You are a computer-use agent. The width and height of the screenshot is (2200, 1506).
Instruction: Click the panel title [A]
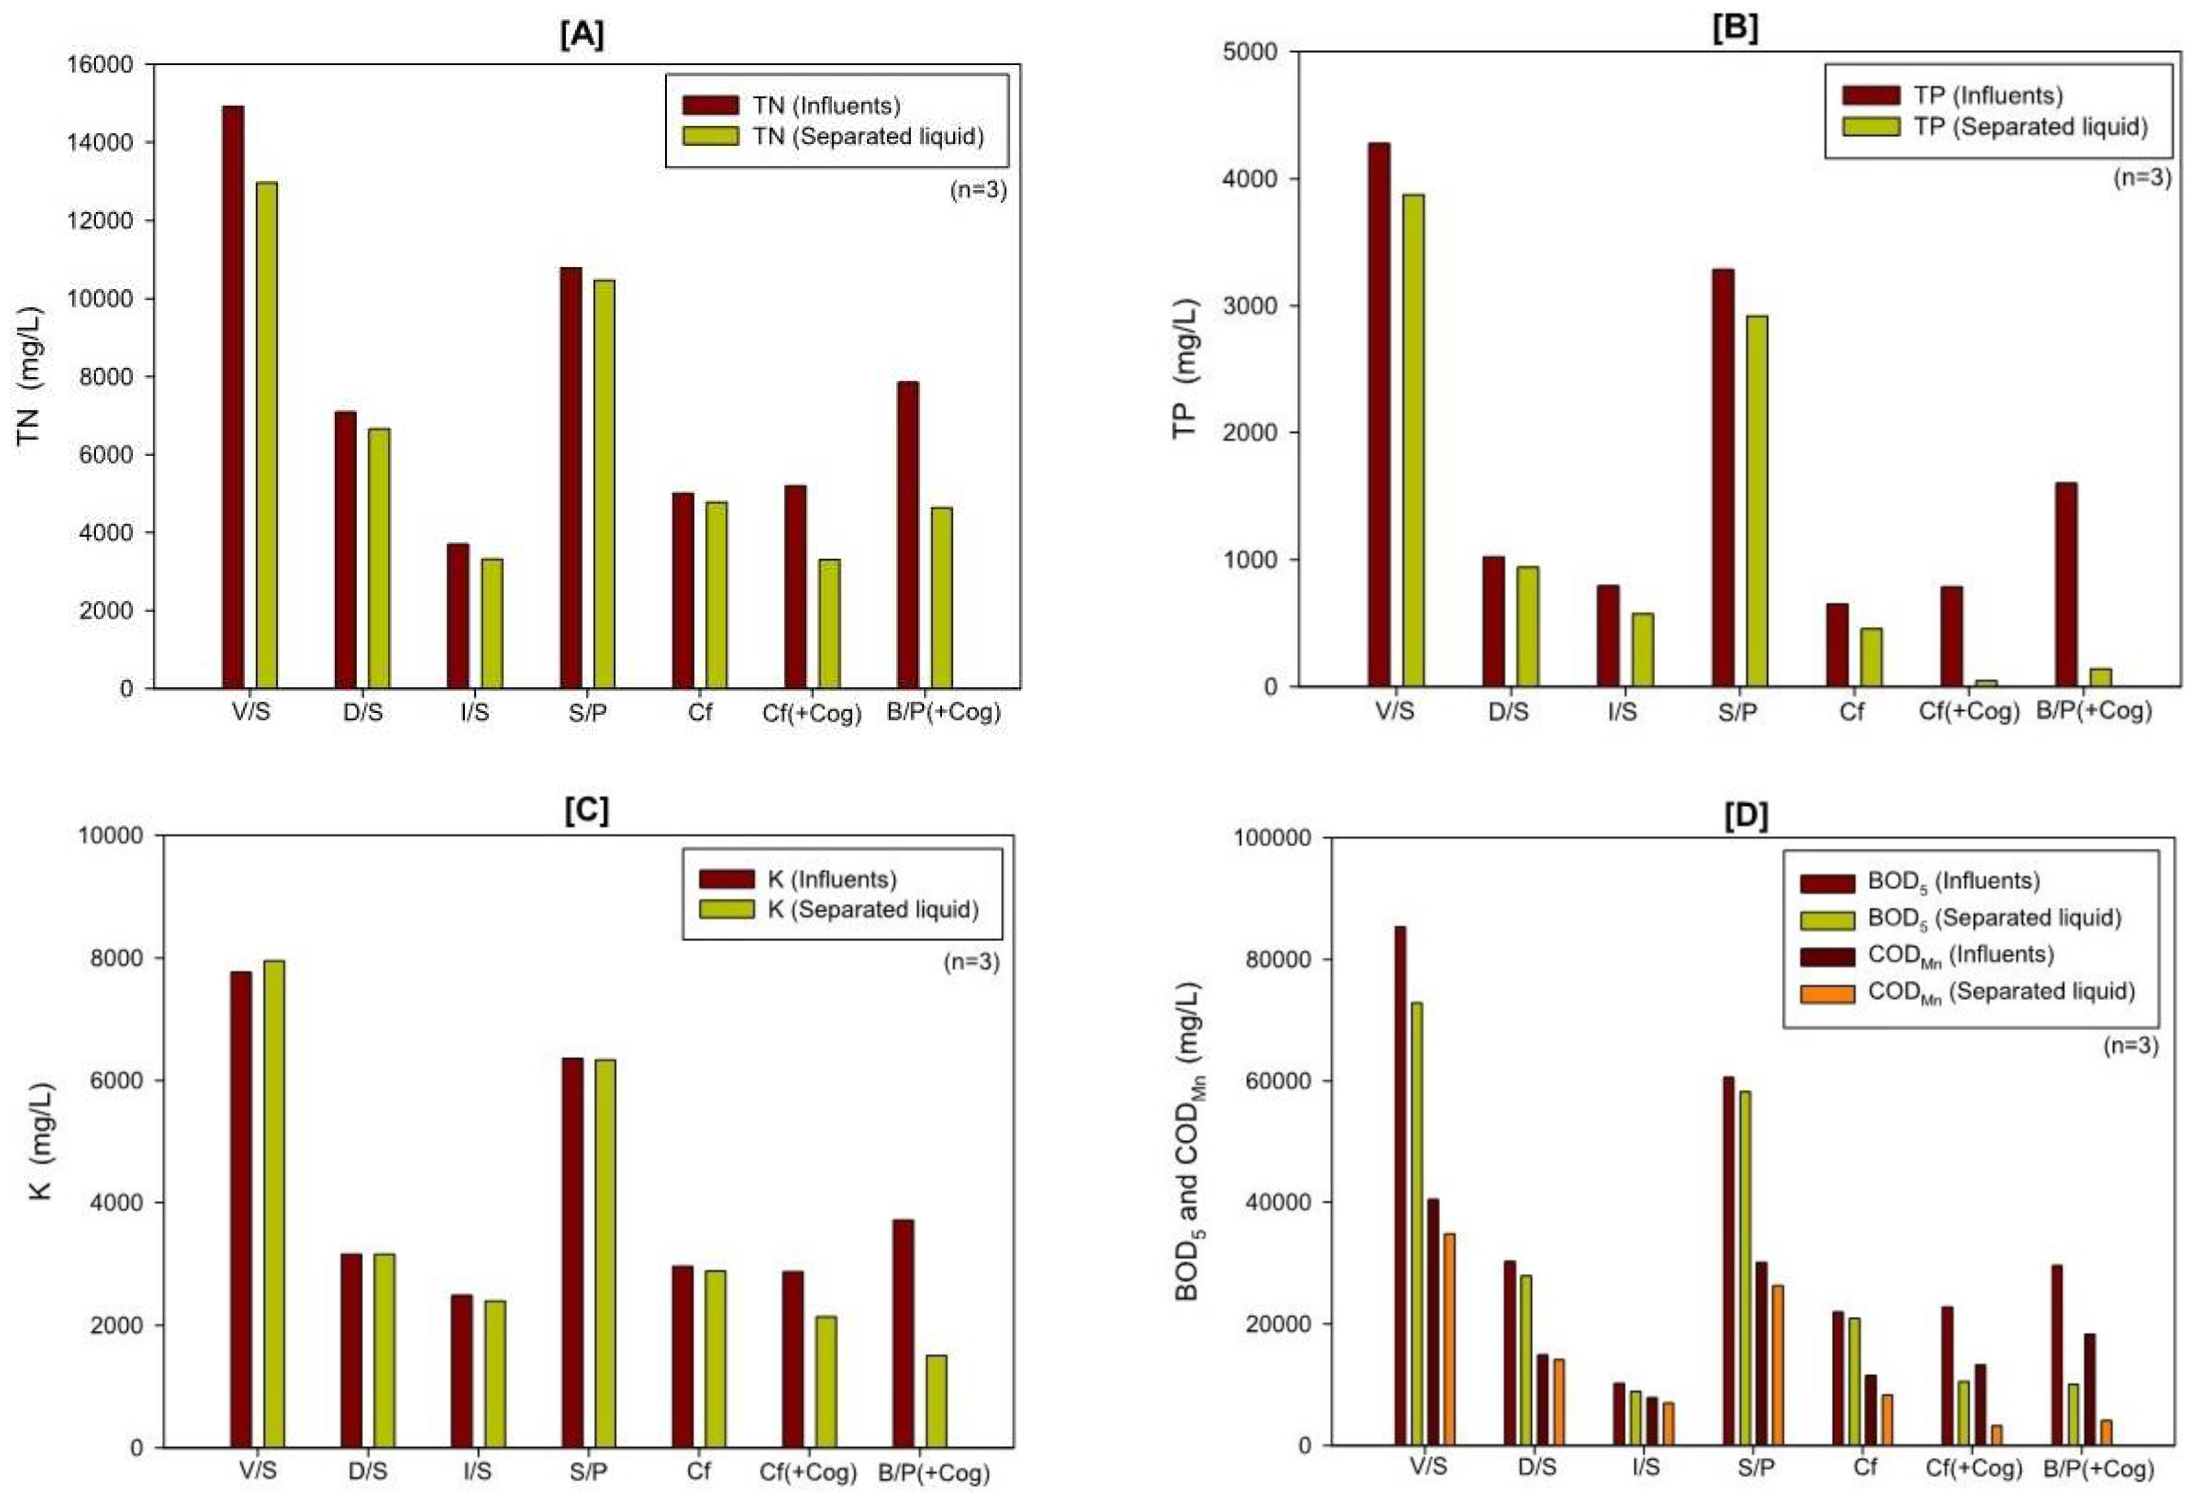point(581,35)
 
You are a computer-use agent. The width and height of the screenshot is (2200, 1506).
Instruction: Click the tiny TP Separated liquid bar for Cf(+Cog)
point(1986,682)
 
